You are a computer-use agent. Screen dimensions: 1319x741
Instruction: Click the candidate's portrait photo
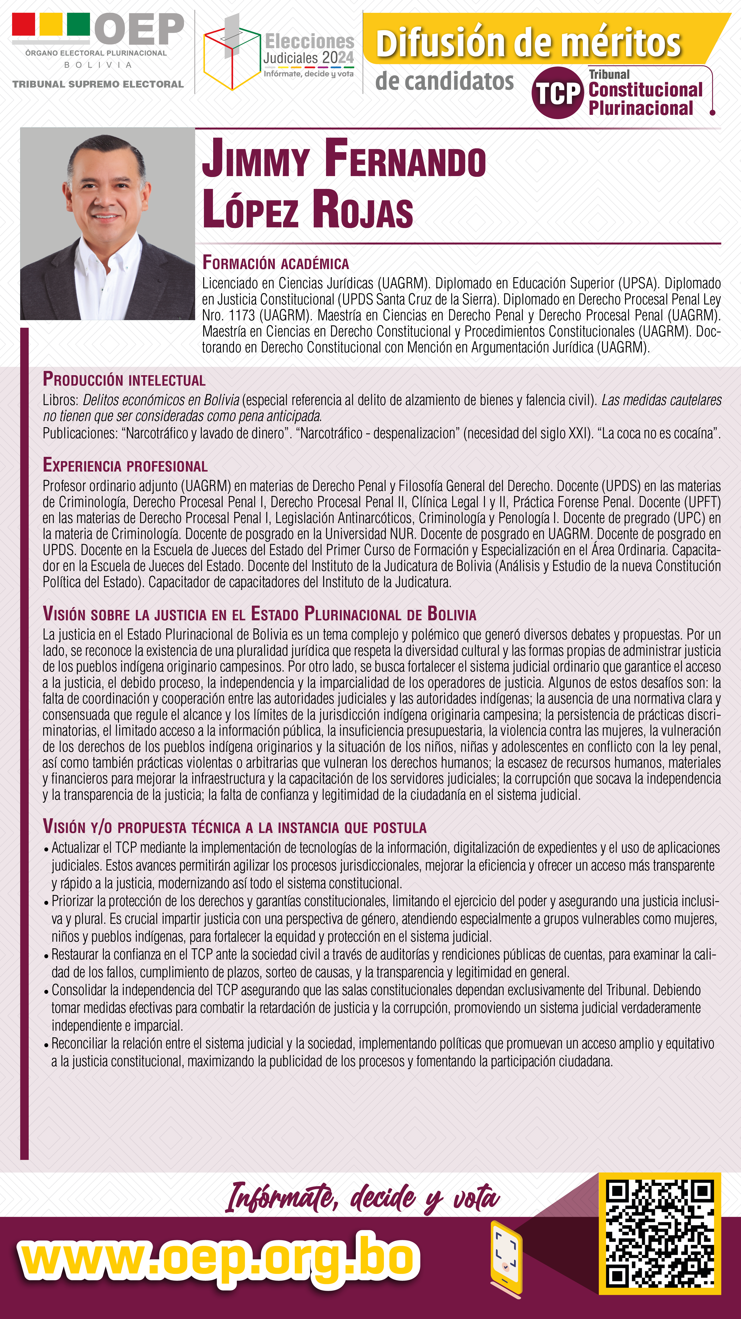[x=107, y=224]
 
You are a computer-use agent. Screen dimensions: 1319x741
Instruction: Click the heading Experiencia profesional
[x=125, y=465]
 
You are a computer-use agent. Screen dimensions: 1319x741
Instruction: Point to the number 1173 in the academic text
[x=242, y=315]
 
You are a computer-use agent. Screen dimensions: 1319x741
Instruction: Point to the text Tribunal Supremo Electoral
[x=98, y=84]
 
